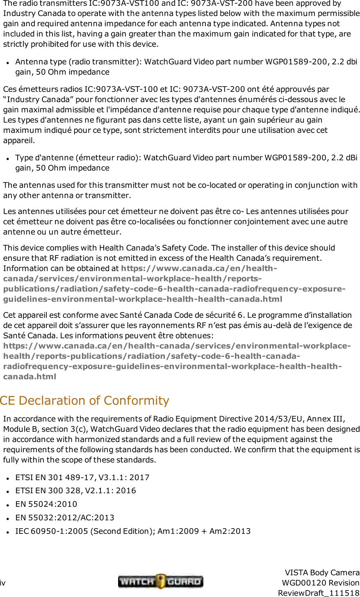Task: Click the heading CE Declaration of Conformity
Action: [x=84, y=400]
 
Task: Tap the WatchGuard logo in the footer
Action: [x=160, y=581]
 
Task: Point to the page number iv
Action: [x=3, y=583]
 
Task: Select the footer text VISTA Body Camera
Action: [x=322, y=572]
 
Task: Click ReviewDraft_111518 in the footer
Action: [x=319, y=593]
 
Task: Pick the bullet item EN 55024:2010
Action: [x=46, y=504]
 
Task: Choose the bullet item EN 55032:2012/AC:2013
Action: [x=65, y=517]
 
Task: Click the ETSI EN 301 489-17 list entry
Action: [x=82, y=477]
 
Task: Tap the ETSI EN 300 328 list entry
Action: [x=75, y=490]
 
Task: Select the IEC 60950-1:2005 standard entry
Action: [x=133, y=531]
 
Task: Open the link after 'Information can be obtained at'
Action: [x=174, y=284]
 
